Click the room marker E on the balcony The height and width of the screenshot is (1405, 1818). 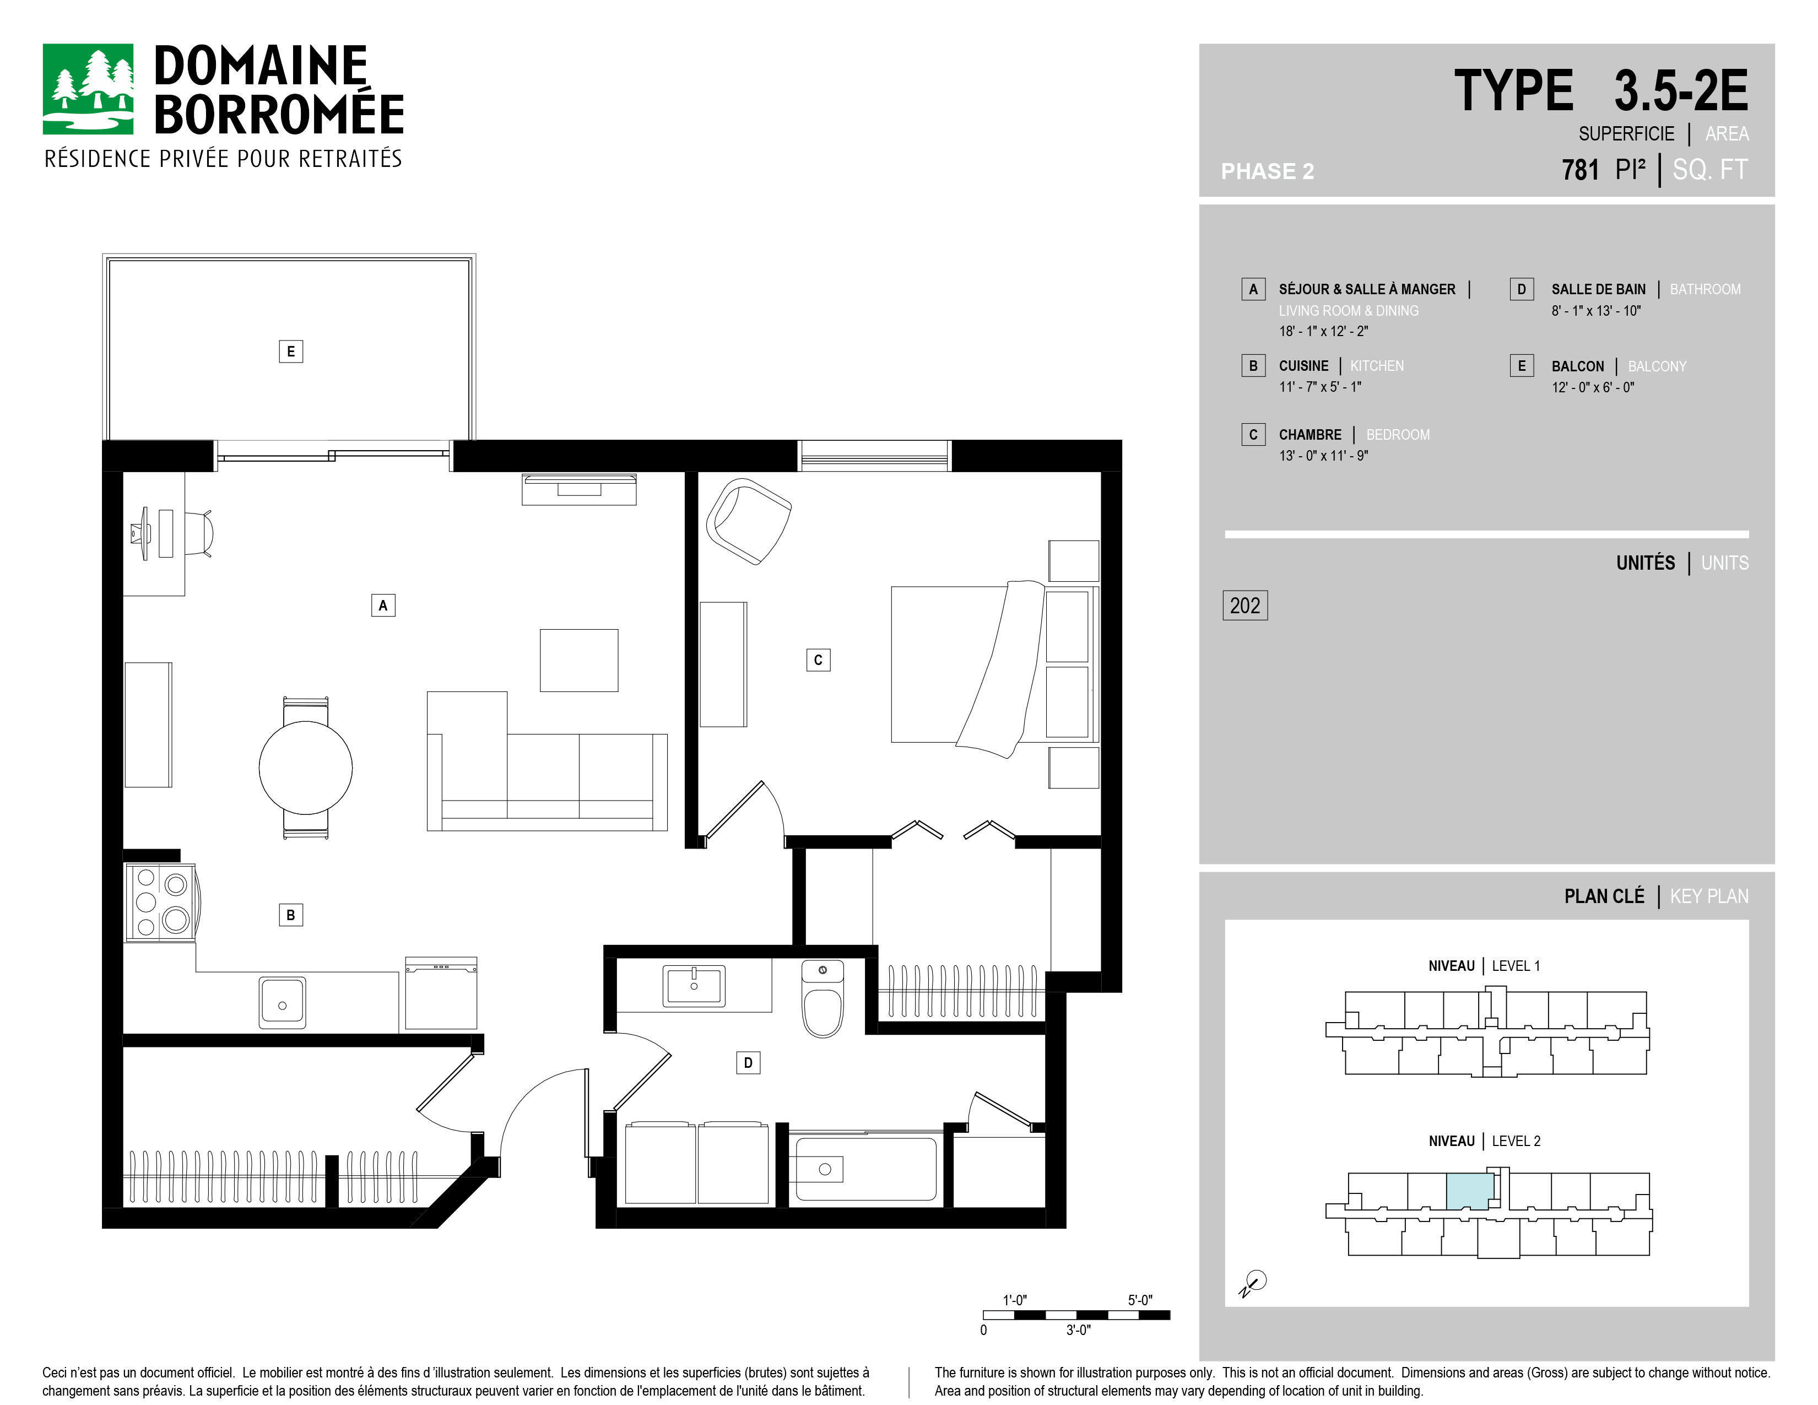pyautogui.click(x=290, y=352)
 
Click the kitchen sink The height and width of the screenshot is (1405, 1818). pyautogui.click(x=282, y=1003)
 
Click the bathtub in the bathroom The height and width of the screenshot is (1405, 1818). pyautogui.click(x=865, y=1169)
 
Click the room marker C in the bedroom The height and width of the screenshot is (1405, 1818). pyautogui.click(x=818, y=660)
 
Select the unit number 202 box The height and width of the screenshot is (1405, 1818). pyautogui.click(x=1245, y=605)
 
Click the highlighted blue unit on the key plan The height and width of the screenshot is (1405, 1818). pyautogui.click(x=1469, y=1191)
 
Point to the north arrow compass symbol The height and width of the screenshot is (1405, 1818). pyautogui.click(x=1253, y=1283)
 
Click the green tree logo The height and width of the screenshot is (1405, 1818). pyautogui.click(x=88, y=89)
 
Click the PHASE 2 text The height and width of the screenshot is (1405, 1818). pyautogui.click(x=1267, y=171)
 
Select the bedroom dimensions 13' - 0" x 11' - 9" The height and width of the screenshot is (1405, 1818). pyautogui.click(x=1323, y=455)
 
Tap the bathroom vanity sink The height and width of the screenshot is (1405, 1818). pyautogui.click(x=694, y=986)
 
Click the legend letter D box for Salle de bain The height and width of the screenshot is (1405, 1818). pyautogui.click(x=1522, y=289)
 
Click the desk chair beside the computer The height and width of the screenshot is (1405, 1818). pyautogui.click(x=197, y=533)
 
